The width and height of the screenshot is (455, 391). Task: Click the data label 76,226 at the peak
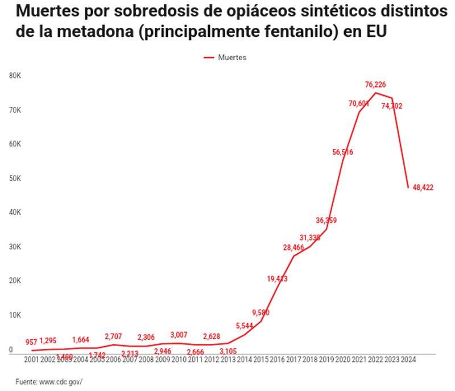tap(375, 85)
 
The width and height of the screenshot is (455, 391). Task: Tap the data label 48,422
tap(423, 188)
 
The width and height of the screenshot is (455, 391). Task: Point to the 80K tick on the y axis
tap(15, 75)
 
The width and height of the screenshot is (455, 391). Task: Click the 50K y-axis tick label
tap(15, 178)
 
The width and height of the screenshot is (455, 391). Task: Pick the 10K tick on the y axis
tap(15, 315)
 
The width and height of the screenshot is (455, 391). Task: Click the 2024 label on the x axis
tap(408, 359)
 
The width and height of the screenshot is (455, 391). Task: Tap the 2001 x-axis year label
tap(32, 359)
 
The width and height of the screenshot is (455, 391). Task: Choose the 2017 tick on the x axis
tap(293, 359)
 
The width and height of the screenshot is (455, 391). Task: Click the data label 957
tap(31, 342)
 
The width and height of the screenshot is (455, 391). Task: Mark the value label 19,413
tap(277, 278)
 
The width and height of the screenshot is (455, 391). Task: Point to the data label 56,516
tap(343, 152)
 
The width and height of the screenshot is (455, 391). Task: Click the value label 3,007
tap(179, 335)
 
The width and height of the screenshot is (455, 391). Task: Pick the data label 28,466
tap(293, 247)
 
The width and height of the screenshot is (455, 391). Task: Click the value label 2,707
tap(113, 337)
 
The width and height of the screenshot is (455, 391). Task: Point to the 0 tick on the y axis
tap(11, 350)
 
